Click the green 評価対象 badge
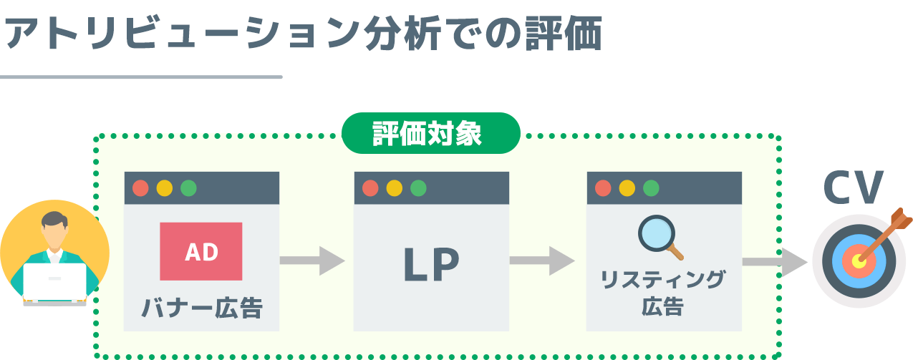430,134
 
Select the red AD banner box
201,251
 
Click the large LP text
431,264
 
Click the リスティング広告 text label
662,292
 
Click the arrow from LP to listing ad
542,261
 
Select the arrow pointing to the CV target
773,261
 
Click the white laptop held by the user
54,281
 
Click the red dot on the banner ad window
141,188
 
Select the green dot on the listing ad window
651,188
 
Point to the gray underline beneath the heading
141,77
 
